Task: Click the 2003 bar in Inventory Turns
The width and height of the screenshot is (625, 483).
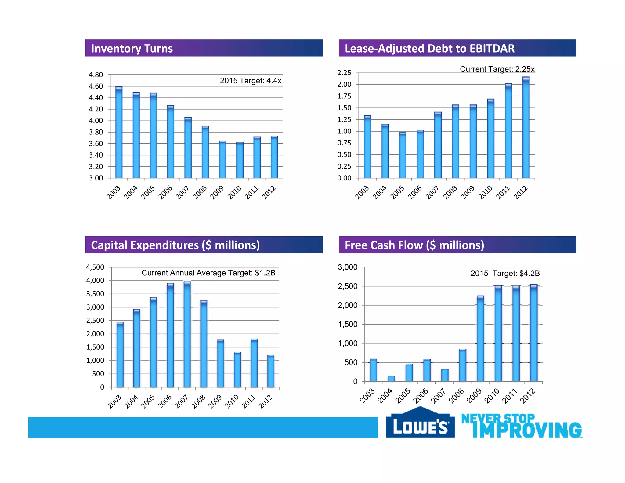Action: click(x=119, y=133)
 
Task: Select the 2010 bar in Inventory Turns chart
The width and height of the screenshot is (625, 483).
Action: click(x=240, y=160)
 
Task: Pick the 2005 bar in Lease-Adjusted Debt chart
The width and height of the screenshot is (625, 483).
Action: click(x=403, y=155)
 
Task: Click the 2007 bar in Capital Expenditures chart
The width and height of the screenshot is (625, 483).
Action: click(x=187, y=334)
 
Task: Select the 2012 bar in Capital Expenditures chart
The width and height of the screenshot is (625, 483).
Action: click(x=271, y=371)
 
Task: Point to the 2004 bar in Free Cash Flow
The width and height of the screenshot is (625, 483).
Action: click(x=391, y=379)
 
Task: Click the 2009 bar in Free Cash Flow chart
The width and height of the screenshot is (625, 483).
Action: click(x=480, y=339)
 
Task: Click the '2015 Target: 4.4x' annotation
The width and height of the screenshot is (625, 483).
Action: click(x=250, y=81)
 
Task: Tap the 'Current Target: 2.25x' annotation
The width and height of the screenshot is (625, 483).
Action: click(x=497, y=69)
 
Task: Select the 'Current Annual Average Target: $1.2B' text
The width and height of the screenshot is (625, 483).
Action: click(x=208, y=273)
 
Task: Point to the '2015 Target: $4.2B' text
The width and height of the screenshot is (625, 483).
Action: click(x=505, y=273)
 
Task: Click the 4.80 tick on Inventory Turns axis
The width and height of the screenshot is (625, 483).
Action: click(x=96, y=75)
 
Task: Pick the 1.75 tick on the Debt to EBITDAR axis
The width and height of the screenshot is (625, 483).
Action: click(x=344, y=96)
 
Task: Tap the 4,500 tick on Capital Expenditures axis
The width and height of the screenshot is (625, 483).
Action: click(x=95, y=267)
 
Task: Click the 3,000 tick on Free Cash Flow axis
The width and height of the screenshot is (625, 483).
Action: click(x=347, y=267)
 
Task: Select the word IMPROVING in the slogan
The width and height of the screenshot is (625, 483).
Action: click(x=527, y=430)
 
